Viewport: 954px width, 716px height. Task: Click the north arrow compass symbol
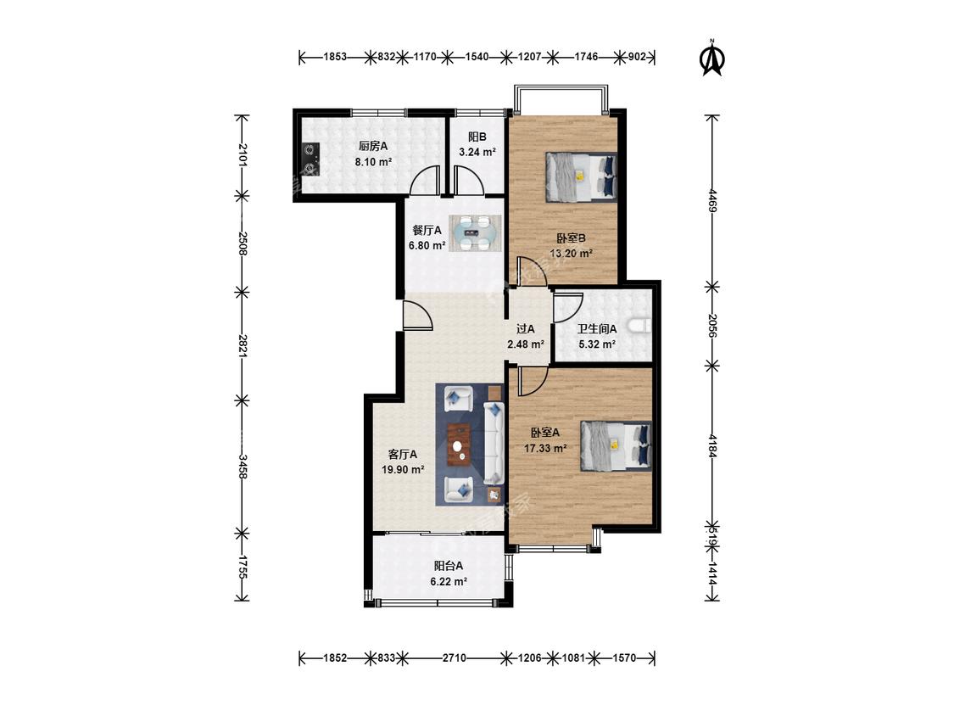pos(712,59)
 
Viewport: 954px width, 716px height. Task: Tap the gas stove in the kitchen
pos(310,159)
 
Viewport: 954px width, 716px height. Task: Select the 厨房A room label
pos(373,146)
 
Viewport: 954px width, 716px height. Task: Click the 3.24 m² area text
pos(477,152)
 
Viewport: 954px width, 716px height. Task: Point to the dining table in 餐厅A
pos(476,232)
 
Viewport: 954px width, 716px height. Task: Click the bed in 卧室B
pos(581,176)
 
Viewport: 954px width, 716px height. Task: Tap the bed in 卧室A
pos(616,445)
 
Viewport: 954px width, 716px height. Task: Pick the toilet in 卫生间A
pos(640,327)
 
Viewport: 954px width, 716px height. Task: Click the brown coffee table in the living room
pos(460,445)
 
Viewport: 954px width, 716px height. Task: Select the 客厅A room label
pos(403,454)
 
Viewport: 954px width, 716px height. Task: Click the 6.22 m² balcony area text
pos(449,581)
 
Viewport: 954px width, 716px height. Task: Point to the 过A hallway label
pos(525,329)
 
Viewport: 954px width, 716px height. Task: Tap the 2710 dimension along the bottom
pos(454,657)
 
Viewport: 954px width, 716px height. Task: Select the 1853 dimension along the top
pos(335,57)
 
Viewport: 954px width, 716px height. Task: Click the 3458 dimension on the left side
pos(243,466)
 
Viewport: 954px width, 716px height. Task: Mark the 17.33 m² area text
pos(546,448)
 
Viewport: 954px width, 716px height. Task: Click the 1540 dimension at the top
pos(477,57)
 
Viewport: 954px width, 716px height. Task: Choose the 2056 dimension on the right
pos(712,326)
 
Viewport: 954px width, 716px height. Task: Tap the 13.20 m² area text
pos(572,254)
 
